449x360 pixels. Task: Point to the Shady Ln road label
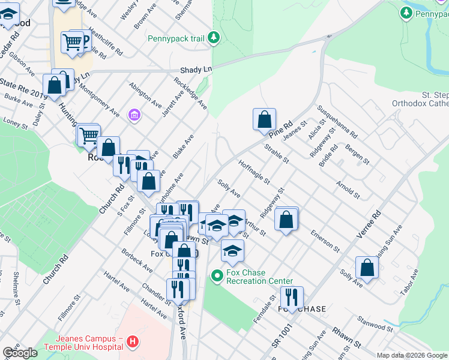(199, 70)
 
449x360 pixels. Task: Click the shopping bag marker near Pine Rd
(264, 119)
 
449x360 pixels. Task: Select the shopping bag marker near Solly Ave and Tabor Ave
(367, 268)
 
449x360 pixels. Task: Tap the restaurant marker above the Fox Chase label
(291, 297)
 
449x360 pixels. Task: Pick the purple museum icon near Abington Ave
(134, 114)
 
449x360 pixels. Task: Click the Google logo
(20, 353)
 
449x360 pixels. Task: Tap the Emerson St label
(325, 239)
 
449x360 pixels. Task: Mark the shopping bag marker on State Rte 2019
(54, 85)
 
